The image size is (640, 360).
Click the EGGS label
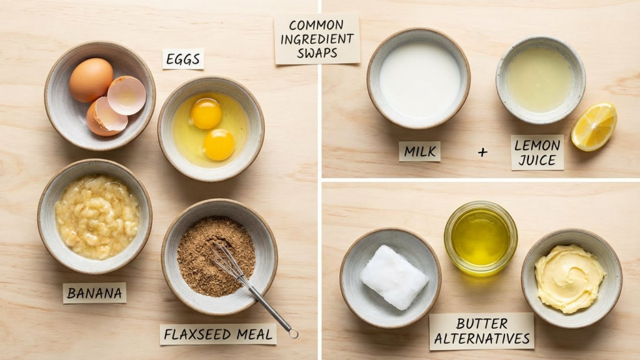click(183, 59)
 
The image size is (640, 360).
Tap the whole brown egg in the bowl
click(91, 80)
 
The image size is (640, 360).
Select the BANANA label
click(94, 292)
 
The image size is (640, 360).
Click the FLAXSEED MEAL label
click(218, 335)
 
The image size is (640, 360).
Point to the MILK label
click(419, 151)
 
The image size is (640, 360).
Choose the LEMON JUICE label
click(537, 152)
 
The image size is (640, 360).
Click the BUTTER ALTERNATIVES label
click(482, 331)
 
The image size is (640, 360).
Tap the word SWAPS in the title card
click(317, 53)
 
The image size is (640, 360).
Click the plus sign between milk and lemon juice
click(482, 152)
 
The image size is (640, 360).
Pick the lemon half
click(594, 126)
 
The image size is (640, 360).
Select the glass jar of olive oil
click(481, 238)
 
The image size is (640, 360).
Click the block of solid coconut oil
click(394, 276)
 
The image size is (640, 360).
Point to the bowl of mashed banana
click(95, 216)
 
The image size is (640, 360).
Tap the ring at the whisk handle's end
click(293, 334)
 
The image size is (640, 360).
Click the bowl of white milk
click(418, 78)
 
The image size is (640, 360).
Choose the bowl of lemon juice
click(541, 79)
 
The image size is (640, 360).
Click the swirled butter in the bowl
click(569, 278)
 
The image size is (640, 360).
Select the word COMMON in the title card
click(316, 25)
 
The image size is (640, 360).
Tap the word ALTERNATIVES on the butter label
click(482, 338)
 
